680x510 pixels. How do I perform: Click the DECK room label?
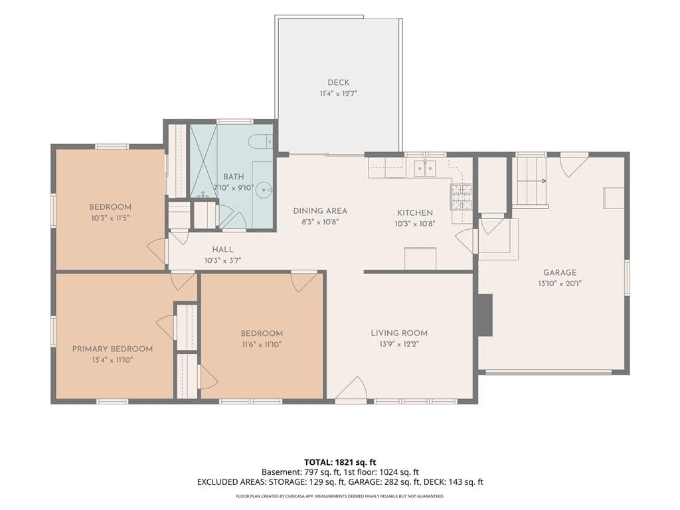click(x=338, y=82)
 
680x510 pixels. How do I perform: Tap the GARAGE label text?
click(x=560, y=272)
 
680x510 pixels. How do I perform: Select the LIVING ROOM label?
click(x=399, y=333)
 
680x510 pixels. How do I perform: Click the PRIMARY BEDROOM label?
click(x=112, y=349)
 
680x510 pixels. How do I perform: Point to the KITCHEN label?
click(x=415, y=212)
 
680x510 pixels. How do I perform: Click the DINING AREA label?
click(x=320, y=211)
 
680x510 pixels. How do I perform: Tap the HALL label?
click(x=223, y=250)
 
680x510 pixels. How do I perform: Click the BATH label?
click(x=234, y=177)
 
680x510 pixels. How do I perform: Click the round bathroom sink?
click(x=264, y=189)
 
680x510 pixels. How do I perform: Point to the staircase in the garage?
click(x=529, y=181)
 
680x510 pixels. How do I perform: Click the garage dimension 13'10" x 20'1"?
click(x=560, y=284)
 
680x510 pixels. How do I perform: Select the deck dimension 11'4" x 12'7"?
click(x=338, y=93)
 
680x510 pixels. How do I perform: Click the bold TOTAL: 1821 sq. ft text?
click(x=337, y=462)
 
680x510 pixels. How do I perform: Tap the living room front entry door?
click(x=352, y=388)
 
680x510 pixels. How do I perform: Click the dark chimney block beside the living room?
click(x=485, y=315)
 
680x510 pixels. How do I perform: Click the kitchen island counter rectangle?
click(x=420, y=258)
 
